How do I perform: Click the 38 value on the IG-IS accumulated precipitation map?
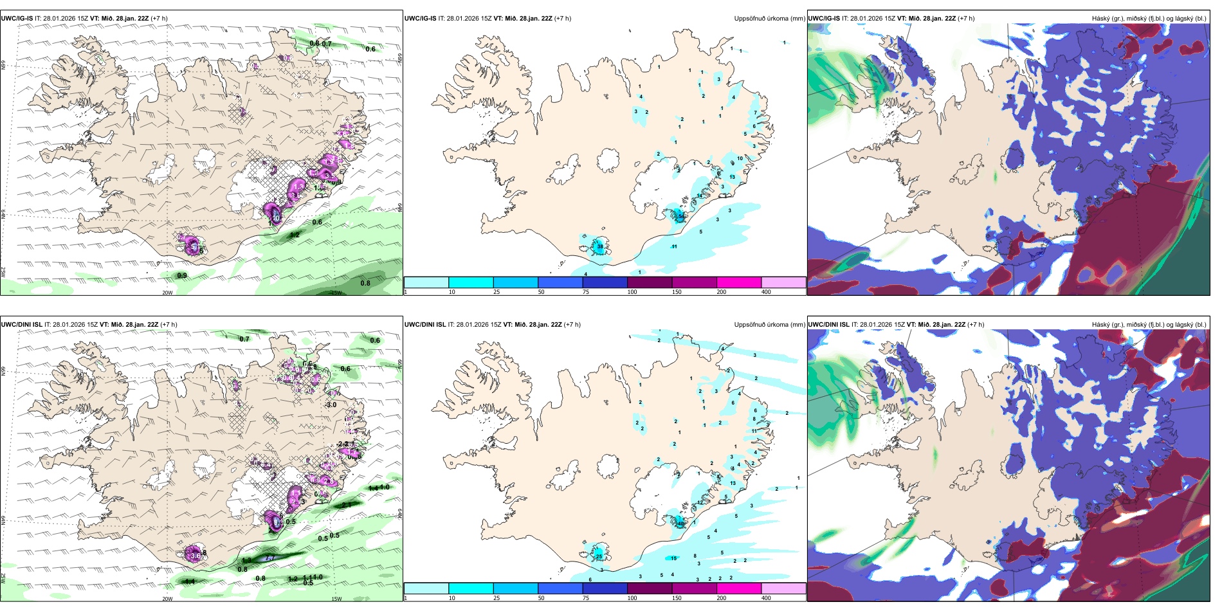coord(600,246)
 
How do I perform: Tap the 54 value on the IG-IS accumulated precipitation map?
coord(680,217)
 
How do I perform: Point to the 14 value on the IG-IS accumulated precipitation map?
coord(700,196)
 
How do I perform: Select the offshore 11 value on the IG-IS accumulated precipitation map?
coord(675,246)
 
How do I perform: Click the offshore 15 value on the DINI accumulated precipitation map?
coord(674,558)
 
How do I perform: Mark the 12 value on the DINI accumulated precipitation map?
coord(700,502)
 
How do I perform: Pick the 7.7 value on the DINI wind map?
coord(271,557)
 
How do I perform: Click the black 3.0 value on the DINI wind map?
coord(331,405)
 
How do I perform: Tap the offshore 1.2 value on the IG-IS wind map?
coord(295,235)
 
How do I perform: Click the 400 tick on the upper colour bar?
coord(766,292)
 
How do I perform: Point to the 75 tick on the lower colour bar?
coord(586,598)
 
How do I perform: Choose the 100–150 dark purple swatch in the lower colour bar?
coord(650,588)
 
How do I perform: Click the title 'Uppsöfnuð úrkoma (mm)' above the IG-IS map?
coord(769,19)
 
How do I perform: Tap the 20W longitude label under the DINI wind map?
coord(167,599)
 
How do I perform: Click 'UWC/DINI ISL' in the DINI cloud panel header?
coord(828,325)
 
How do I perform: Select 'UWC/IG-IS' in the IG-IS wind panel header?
coord(17,19)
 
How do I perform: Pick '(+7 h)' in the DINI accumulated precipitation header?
coord(572,325)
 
